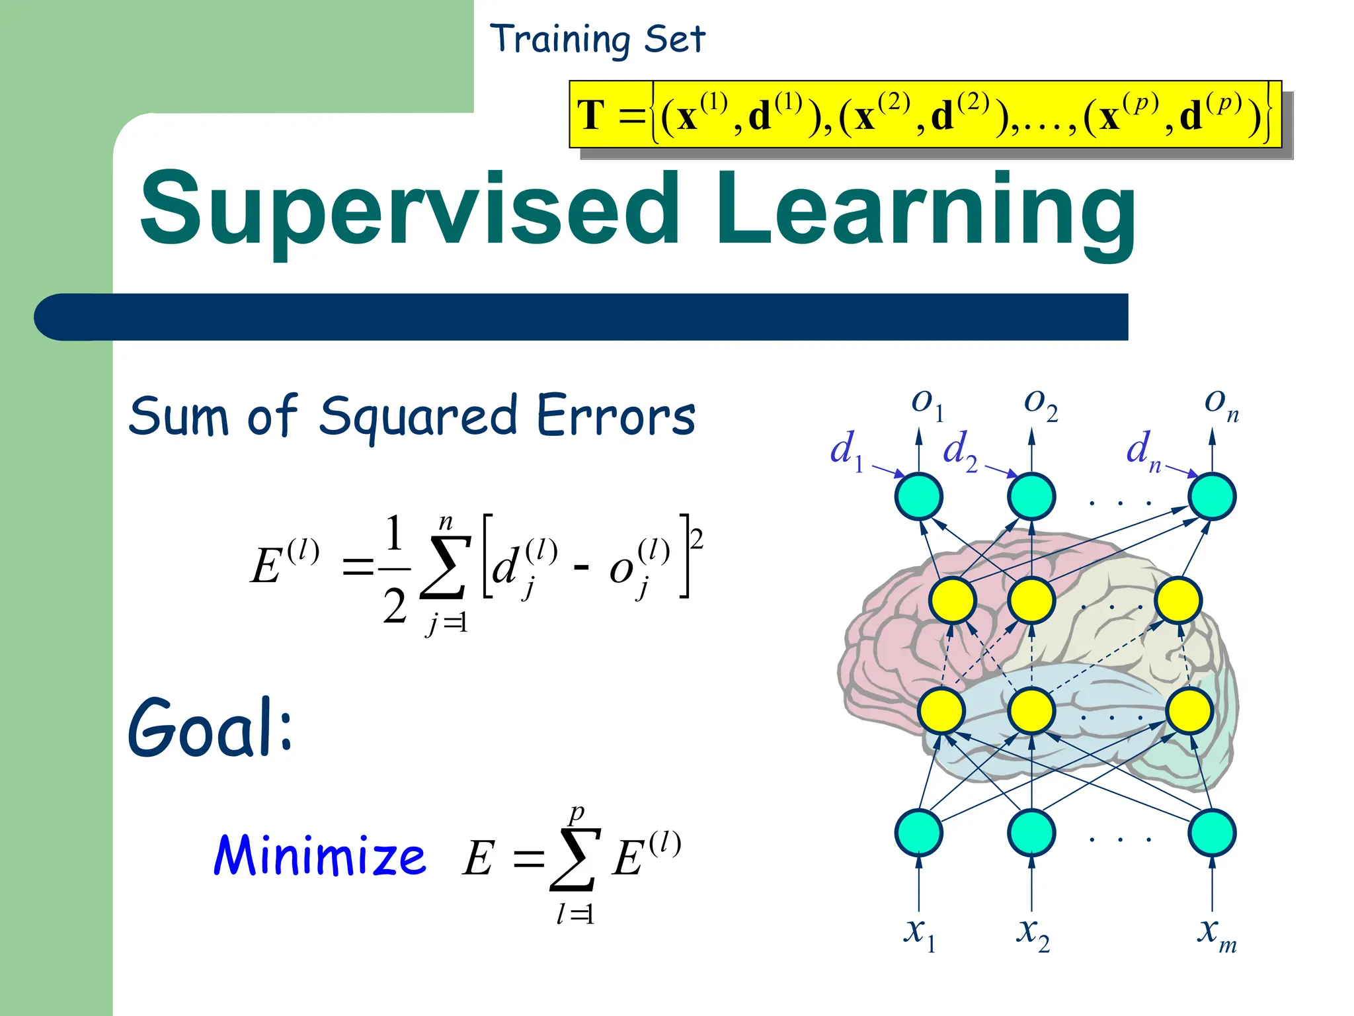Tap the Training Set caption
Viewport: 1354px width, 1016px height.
[597, 40]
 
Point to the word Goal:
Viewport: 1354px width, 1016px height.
[210, 728]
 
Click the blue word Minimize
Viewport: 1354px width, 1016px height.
[320, 855]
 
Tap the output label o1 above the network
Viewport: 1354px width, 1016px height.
[926, 403]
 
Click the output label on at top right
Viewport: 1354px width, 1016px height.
[1220, 403]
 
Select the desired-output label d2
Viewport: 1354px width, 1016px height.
[960, 452]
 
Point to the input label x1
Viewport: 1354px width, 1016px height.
[920, 933]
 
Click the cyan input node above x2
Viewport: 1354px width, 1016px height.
[1031, 832]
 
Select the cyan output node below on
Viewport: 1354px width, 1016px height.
[1212, 496]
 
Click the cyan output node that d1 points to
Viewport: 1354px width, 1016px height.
[918, 496]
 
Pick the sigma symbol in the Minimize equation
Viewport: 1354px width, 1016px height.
[574, 860]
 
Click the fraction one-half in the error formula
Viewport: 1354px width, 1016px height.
[395, 569]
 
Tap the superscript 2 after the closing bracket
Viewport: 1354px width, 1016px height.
[697, 538]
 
